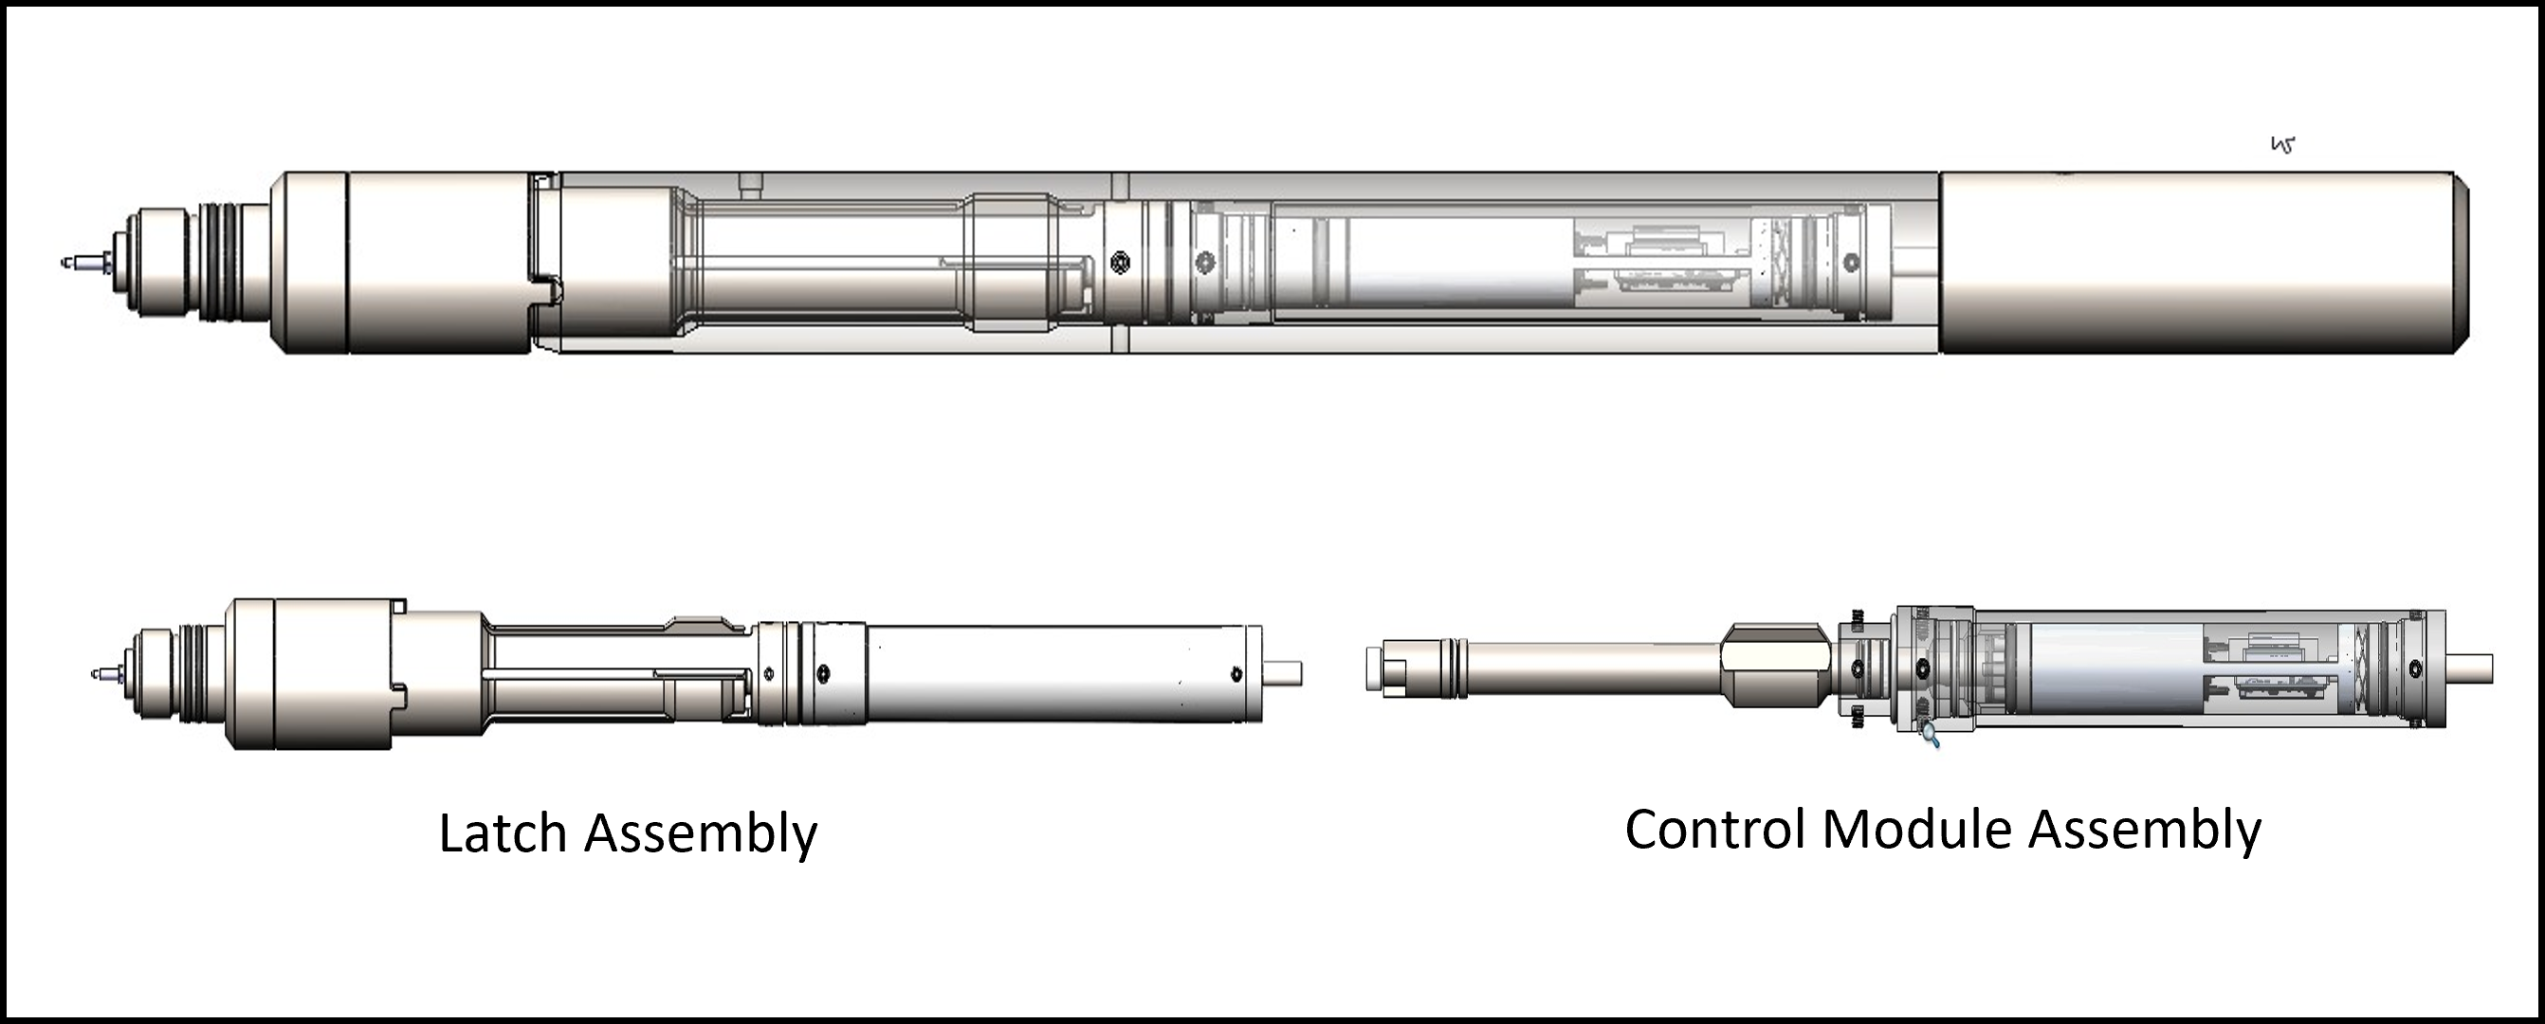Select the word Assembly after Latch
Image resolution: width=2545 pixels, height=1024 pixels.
click(701, 835)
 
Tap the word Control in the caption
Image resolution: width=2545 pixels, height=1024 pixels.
click(1715, 829)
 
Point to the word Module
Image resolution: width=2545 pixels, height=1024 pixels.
click(1917, 829)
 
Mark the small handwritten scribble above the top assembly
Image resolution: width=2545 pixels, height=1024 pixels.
click(2282, 145)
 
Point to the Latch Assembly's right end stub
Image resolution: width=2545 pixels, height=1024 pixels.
click(1282, 673)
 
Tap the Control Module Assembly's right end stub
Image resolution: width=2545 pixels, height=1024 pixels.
click(2469, 668)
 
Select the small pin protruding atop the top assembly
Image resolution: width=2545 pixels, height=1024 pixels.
click(752, 183)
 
